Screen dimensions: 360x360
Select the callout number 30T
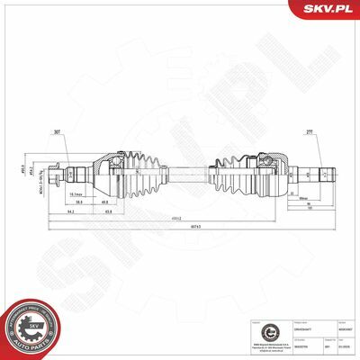(82, 132)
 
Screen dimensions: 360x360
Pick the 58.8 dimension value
(80, 203)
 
